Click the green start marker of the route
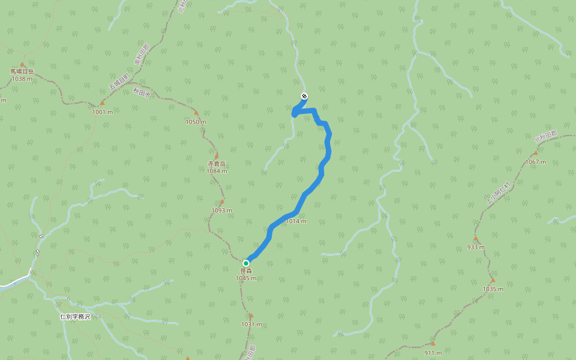click(246, 263)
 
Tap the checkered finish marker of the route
click(304, 96)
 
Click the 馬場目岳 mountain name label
click(22, 71)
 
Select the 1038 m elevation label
click(22, 79)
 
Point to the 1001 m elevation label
click(102, 112)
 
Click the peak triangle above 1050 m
click(196, 113)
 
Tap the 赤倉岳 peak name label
click(217, 164)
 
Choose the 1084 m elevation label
click(217, 171)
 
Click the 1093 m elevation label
click(221, 211)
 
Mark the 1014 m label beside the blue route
click(296, 221)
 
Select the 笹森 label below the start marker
click(246, 271)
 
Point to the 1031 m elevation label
click(252, 325)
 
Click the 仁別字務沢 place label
click(75, 316)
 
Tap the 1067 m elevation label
click(536, 162)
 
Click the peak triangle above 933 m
click(475, 238)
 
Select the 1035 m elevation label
click(493, 289)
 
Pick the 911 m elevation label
click(433, 353)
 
